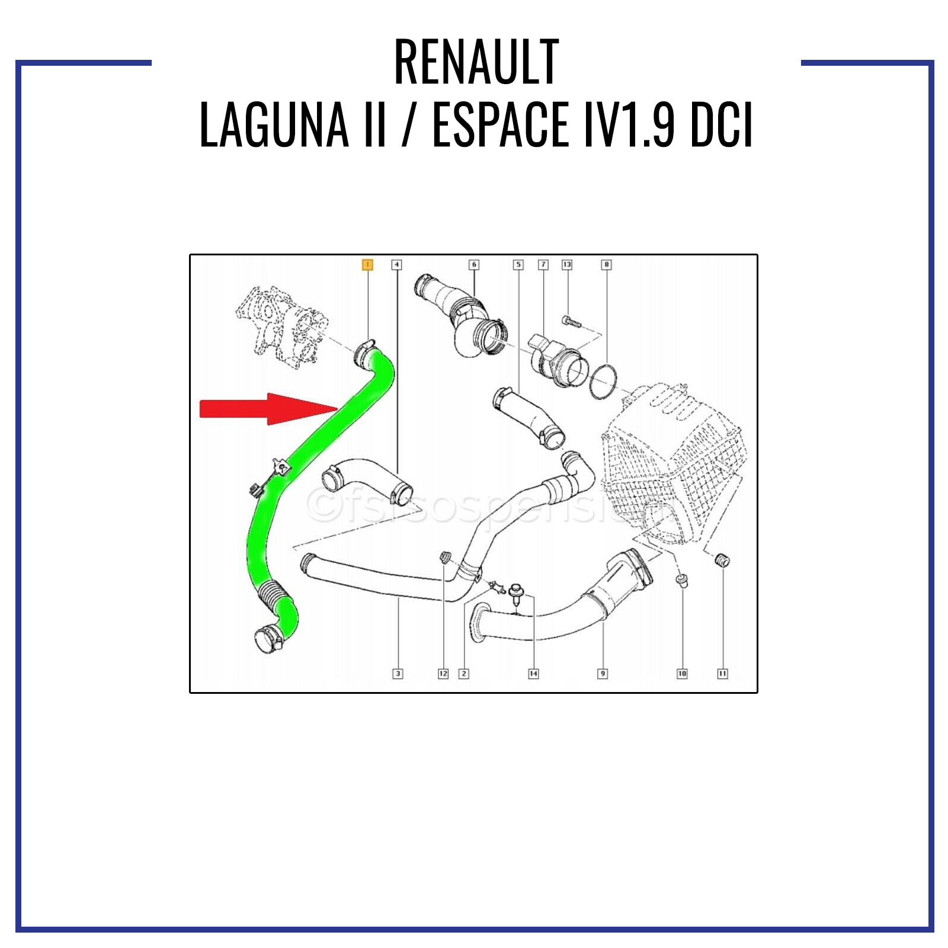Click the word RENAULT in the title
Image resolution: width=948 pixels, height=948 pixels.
[x=476, y=62]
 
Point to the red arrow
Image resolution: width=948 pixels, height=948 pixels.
[x=267, y=409]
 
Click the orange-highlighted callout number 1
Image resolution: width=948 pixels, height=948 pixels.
[x=367, y=264]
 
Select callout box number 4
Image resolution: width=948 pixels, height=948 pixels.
[x=396, y=264]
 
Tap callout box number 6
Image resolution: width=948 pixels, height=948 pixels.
[x=473, y=264]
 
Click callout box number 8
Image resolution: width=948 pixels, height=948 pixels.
[x=606, y=264]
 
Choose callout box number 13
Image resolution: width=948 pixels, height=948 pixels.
[x=567, y=264]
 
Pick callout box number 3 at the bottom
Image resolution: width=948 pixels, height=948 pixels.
[x=398, y=674]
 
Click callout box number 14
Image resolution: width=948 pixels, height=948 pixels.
[x=533, y=674]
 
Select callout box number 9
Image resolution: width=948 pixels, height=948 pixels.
[x=603, y=674]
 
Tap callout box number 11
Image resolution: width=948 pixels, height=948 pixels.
[x=722, y=674]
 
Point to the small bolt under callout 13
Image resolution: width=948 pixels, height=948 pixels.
[x=569, y=322]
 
